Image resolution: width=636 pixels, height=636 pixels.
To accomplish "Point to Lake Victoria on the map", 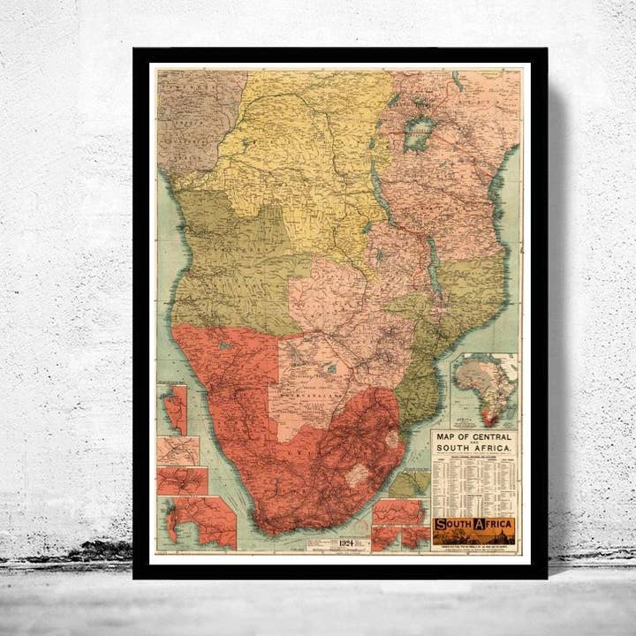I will [x=416, y=134].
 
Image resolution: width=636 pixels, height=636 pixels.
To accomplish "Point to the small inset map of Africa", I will [x=484, y=390].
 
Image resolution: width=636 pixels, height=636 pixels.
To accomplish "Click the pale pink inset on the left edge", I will [x=178, y=450].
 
